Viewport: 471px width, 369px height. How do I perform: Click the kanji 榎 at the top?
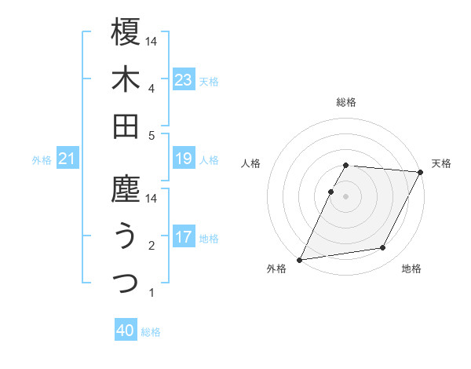[126, 32]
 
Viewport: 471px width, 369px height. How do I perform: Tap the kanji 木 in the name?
[126, 79]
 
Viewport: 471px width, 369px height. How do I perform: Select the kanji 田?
[126, 126]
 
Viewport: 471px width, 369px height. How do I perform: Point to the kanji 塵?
[126, 189]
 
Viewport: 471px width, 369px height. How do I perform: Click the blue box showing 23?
[184, 79]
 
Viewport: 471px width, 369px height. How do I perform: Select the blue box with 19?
[184, 159]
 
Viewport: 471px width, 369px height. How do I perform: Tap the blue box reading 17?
[184, 237]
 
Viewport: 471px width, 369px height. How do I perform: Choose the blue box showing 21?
[68, 159]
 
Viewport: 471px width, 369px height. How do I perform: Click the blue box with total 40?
[126, 331]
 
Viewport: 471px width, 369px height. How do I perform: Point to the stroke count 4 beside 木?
[152, 89]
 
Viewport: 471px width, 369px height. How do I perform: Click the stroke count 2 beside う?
[152, 246]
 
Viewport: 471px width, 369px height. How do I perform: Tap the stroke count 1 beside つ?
[152, 293]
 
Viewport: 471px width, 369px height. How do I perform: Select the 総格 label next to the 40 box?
[152, 332]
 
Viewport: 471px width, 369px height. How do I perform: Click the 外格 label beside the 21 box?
[42, 160]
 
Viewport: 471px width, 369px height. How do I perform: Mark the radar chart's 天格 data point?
[422, 173]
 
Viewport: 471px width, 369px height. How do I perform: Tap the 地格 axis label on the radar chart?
[411, 269]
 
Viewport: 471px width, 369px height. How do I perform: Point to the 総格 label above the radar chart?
[346, 102]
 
